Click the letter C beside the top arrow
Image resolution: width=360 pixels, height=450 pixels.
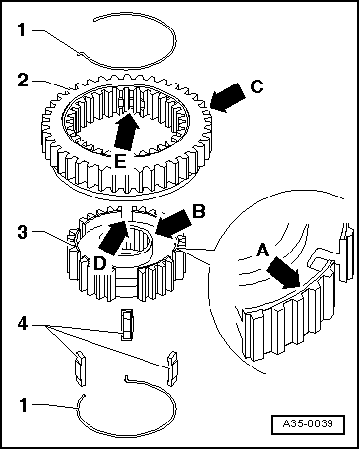[x=257, y=87]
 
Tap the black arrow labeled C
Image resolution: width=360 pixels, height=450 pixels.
[x=227, y=97]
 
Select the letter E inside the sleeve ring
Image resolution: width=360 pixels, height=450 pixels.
[x=120, y=161]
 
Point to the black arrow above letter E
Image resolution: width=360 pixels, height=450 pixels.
[x=125, y=132]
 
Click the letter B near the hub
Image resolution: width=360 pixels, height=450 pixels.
[x=199, y=211]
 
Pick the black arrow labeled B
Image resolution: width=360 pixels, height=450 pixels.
[x=173, y=223]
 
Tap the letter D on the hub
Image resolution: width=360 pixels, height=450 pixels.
[x=100, y=263]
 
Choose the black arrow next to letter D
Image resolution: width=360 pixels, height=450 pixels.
[x=113, y=238]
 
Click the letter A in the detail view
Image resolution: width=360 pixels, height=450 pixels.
[x=262, y=251]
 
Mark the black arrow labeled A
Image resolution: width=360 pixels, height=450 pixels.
[x=283, y=273]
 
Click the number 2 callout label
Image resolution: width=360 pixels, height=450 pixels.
[x=23, y=81]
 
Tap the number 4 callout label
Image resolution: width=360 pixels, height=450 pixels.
[x=23, y=324]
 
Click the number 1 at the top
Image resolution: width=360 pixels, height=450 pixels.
[x=22, y=30]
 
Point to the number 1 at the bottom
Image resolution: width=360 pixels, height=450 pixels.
[x=23, y=405]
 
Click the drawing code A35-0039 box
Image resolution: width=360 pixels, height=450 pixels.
[x=308, y=424]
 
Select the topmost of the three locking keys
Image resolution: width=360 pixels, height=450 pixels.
[x=127, y=324]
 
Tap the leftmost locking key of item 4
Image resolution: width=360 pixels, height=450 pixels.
[x=81, y=367]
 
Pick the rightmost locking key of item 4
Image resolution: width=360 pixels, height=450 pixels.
[x=172, y=368]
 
